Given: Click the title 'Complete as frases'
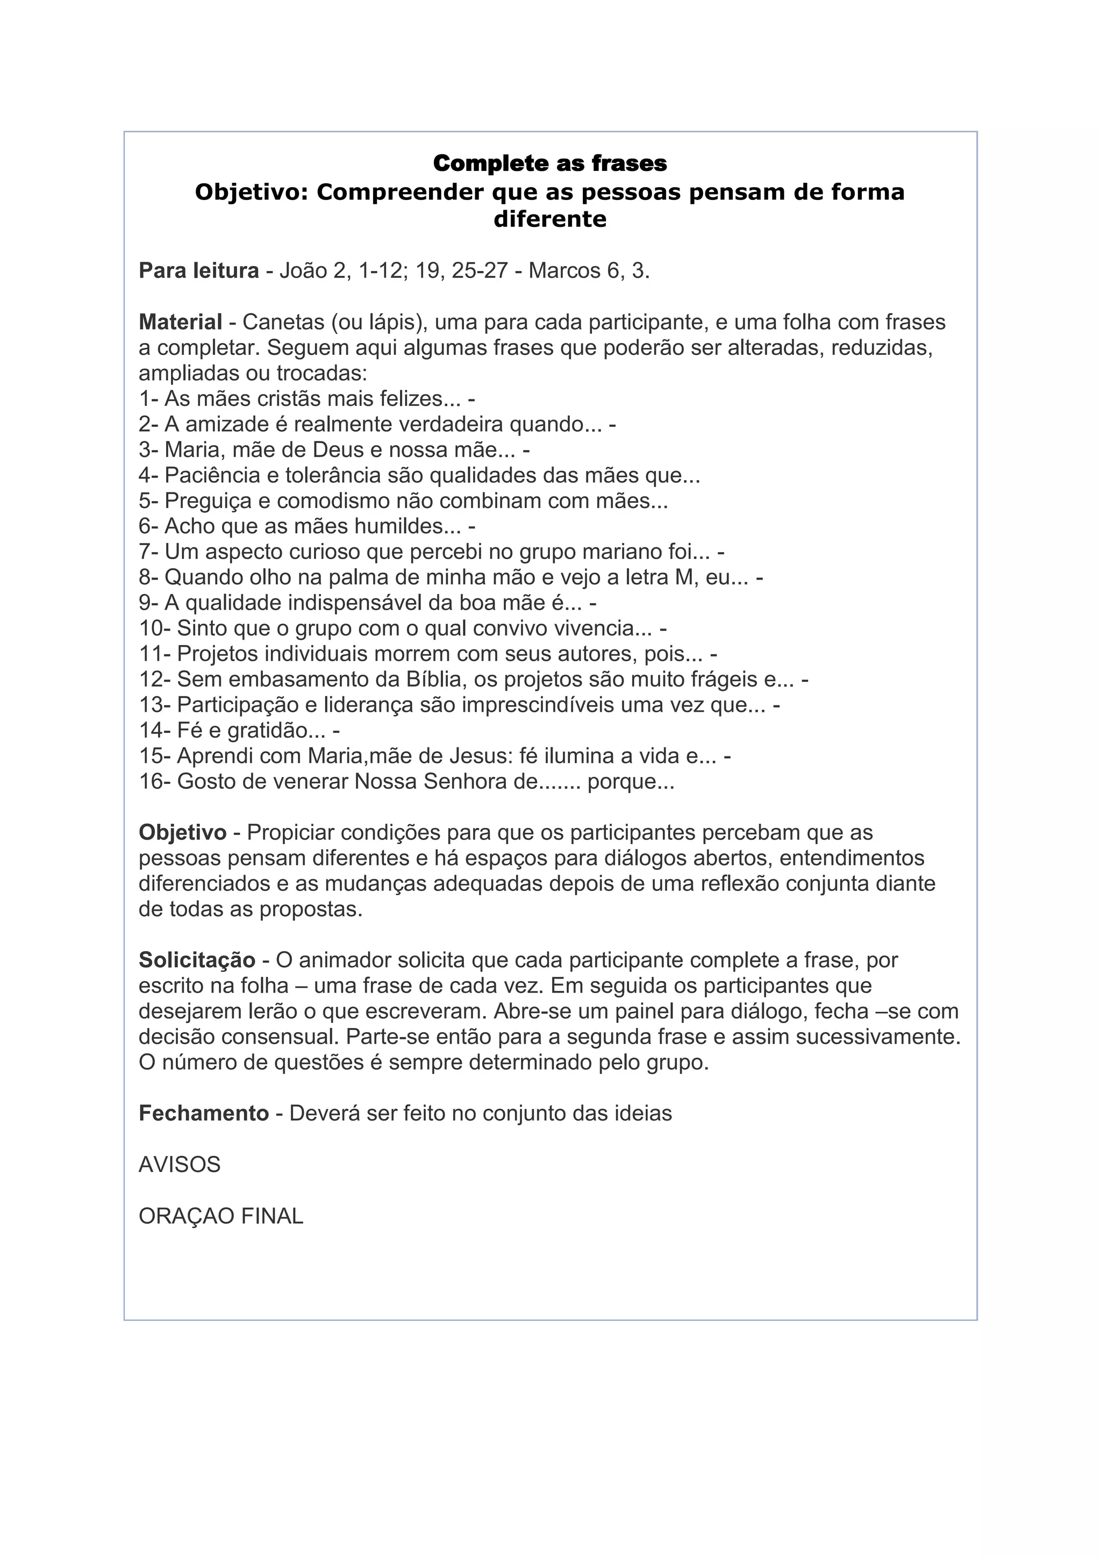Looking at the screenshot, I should click(550, 163).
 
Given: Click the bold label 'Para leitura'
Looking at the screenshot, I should click(198, 270).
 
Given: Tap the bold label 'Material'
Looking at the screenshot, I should click(180, 322).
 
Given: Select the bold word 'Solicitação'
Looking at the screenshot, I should click(197, 960).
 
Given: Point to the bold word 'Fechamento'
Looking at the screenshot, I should click(203, 1113).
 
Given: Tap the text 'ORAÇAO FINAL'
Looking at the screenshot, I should click(221, 1217).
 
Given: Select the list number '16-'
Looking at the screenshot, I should click(155, 782).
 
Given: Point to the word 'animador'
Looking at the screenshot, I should click(344, 960).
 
